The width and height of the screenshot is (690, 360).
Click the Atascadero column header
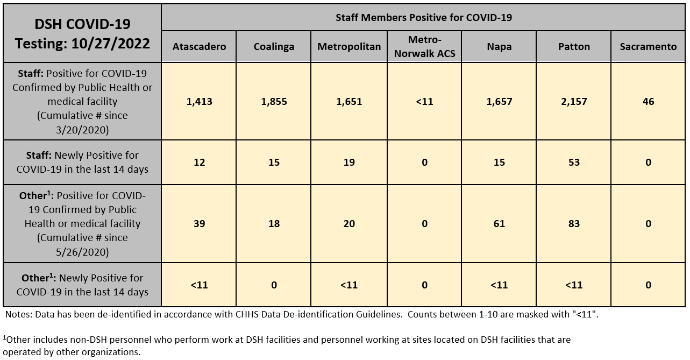(x=199, y=46)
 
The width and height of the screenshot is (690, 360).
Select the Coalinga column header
(x=274, y=46)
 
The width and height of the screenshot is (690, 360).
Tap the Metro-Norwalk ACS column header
(x=424, y=46)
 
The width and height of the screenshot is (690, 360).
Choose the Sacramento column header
(x=648, y=46)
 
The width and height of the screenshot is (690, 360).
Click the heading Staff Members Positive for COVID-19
(x=424, y=18)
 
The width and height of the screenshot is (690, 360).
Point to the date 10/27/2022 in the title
(x=111, y=44)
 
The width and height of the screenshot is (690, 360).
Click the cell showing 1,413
(x=199, y=101)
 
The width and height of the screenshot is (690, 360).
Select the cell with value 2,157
(x=574, y=101)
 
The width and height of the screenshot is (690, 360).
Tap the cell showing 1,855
(x=274, y=101)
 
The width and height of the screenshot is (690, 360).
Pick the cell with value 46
(x=648, y=101)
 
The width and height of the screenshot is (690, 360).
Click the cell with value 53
(x=574, y=162)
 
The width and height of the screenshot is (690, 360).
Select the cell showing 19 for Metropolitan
(x=349, y=162)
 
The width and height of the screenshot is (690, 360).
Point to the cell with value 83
(x=574, y=223)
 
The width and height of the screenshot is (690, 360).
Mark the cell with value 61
(x=499, y=223)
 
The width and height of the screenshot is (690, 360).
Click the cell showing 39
(x=199, y=223)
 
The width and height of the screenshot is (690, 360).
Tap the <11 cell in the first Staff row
(x=424, y=101)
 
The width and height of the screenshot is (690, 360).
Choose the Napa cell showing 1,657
(x=499, y=101)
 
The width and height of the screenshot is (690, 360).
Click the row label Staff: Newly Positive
(x=82, y=162)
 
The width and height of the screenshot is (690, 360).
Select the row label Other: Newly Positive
(x=82, y=285)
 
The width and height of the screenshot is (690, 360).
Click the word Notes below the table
(x=17, y=315)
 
